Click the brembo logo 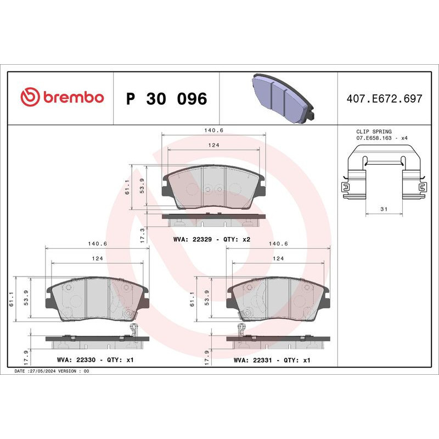tap(61, 98)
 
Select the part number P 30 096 tap(166, 99)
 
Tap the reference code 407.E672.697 tap(384, 99)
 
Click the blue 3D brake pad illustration tap(281, 98)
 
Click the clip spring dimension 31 tap(384, 209)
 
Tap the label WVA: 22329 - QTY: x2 tap(211, 240)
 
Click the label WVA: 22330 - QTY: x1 tap(94, 360)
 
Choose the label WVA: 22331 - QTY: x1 tap(272, 360)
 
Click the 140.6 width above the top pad tap(213, 131)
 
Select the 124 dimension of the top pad tap(213, 145)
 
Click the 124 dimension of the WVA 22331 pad tap(279, 257)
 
